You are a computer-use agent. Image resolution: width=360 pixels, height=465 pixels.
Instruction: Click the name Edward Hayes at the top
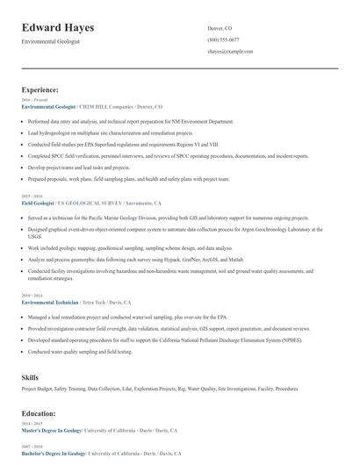pyautogui.click(x=58, y=28)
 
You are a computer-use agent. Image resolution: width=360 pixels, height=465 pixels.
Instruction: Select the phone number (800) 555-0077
pyautogui.click(x=223, y=39)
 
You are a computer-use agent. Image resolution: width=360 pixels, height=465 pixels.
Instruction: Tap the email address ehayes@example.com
pyautogui.click(x=230, y=52)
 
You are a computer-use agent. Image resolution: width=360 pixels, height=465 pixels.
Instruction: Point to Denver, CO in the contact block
pyautogui.click(x=220, y=28)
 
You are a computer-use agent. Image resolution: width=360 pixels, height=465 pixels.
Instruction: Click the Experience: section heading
pyautogui.click(x=40, y=89)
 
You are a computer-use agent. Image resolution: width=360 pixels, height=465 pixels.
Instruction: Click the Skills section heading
pyautogui.click(x=30, y=376)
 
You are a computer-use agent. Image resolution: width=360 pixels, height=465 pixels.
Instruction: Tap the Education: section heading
pyautogui.click(x=39, y=412)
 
